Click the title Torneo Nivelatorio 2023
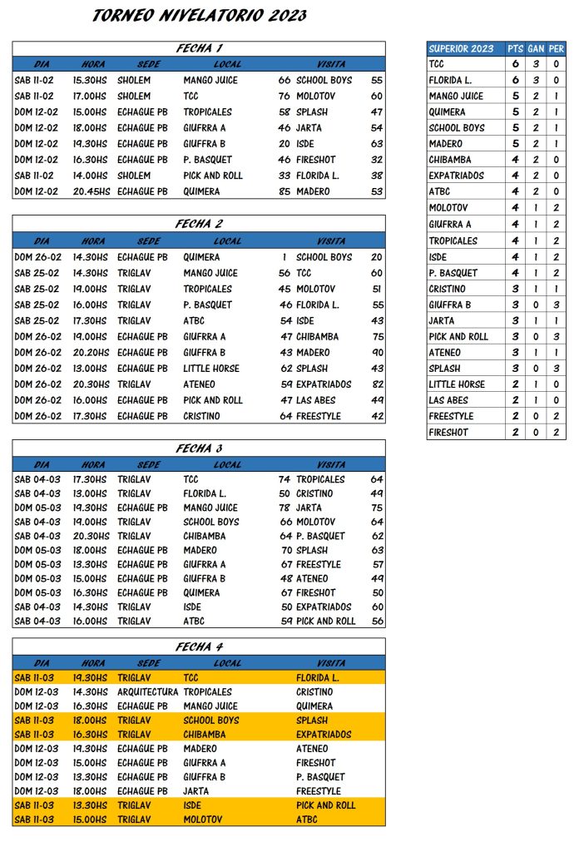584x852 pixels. [199, 15]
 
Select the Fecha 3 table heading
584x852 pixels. [199, 448]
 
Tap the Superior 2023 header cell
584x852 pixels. [461, 48]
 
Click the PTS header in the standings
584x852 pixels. [515, 48]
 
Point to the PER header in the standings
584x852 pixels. [557, 48]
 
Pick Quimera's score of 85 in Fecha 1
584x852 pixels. [285, 191]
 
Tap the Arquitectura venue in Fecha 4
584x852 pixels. [147, 692]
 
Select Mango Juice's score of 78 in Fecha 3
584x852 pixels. [285, 508]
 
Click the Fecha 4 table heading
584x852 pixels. [199, 646]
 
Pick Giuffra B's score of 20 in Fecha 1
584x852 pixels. [285, 144]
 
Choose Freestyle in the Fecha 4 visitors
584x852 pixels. [318, 791]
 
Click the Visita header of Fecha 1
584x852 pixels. [331, 64]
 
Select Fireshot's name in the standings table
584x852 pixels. [448, 433]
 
